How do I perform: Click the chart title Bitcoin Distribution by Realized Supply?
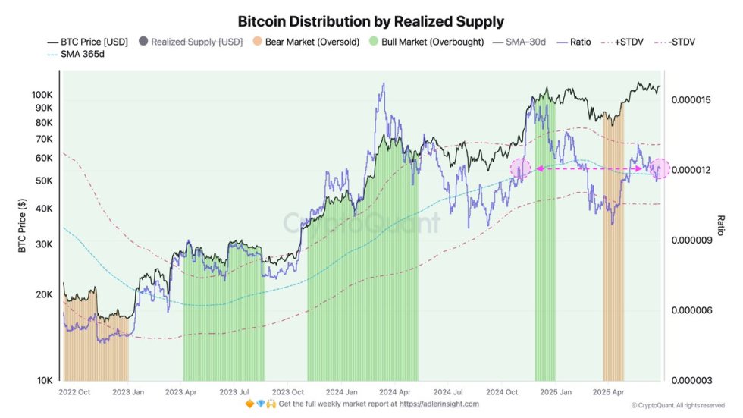[x=371, y=21]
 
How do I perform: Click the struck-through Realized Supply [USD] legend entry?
[x=196, y=42]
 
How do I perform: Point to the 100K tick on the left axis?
[x=42, y=96]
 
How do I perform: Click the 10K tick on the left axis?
[x=44, y=380]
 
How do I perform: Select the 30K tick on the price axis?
[x=44, y=244]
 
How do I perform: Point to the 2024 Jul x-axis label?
[x=449, y=391]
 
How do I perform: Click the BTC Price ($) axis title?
[x=23, y=225]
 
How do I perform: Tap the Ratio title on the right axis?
[x=721, y=225]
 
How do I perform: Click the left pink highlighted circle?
[x=520, y=169]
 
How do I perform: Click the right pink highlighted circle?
[x=660, y=168]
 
